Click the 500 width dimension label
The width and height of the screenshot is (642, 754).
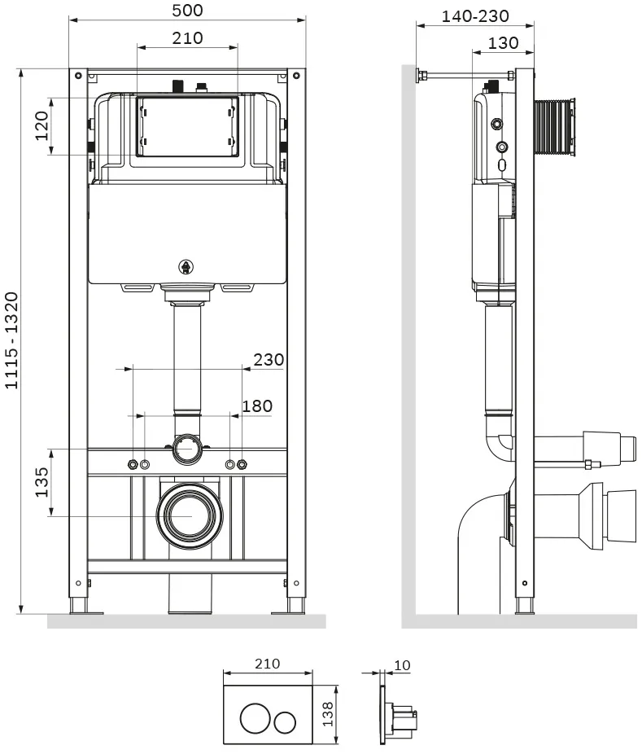(x=187, y=10)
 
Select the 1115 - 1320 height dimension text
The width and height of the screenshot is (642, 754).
(x=11, y=340)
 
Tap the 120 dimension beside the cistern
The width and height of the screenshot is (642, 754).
(x=42, y=125)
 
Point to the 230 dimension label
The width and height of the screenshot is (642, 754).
(x=269, y=359)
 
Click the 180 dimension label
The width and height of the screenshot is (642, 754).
(x=257, y=405)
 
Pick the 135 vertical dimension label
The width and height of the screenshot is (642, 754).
(x=41, y=482)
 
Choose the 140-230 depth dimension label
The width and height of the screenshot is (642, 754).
(x=475, y=15)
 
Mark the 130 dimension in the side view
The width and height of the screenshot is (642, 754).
(x=503, y=43)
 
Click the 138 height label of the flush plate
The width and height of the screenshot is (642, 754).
(x=328, y=713)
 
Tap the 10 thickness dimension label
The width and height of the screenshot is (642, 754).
(x=402, y=665)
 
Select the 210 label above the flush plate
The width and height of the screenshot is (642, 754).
(x=267, y=664)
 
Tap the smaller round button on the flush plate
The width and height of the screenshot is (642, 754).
(x=285, y=722)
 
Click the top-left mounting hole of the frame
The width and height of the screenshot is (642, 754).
(x=78, y=76)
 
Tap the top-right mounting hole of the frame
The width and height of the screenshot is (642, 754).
(x=296, y=76)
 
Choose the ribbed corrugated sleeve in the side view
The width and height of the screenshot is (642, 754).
(x=555, y=127)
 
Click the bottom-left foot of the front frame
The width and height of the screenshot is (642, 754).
(x=78, y=607)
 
